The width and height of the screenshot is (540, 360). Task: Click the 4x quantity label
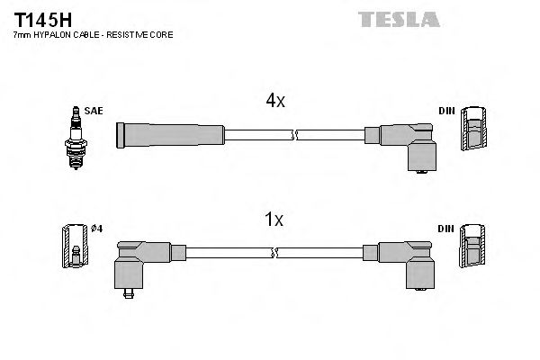274,102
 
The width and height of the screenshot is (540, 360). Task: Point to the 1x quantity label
274,219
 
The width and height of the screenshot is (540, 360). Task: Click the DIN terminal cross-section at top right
473,131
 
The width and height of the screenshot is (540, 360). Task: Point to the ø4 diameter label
97,229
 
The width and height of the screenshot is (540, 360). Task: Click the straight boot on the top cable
171,134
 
